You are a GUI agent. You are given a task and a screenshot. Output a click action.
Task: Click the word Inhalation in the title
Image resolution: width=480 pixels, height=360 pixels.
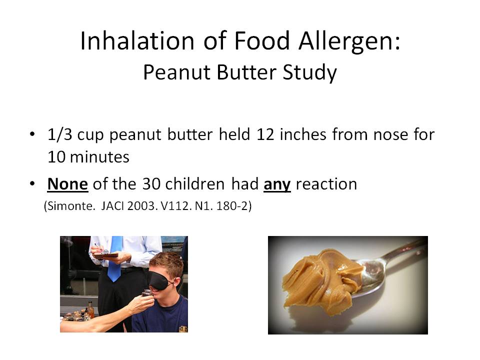137,40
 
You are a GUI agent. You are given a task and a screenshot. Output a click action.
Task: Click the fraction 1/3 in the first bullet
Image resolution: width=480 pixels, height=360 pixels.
59,134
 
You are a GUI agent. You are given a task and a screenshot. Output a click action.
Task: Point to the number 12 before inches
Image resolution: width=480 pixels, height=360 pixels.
265,134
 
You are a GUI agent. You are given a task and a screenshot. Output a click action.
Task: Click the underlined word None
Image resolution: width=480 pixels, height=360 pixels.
67,184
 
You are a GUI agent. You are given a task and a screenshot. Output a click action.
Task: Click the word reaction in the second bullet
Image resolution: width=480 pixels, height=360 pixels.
326,184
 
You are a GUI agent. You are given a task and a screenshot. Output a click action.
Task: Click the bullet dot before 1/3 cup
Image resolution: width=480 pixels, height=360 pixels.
32,134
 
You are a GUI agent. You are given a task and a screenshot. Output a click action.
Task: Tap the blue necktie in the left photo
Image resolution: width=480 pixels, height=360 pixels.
115,258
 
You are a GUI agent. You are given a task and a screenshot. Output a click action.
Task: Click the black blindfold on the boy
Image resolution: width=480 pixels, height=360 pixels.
160,279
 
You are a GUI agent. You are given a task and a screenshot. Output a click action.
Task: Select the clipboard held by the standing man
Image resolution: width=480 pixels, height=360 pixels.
105,254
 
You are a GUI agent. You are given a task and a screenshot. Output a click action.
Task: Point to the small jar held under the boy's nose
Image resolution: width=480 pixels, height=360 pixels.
147,293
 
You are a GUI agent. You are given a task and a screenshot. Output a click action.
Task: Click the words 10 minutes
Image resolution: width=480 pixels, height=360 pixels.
88,157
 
